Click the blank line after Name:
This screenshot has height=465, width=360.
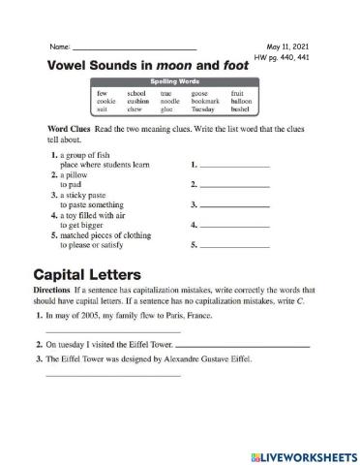135,48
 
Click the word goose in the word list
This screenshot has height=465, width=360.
200,93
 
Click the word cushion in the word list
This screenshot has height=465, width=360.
138,101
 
